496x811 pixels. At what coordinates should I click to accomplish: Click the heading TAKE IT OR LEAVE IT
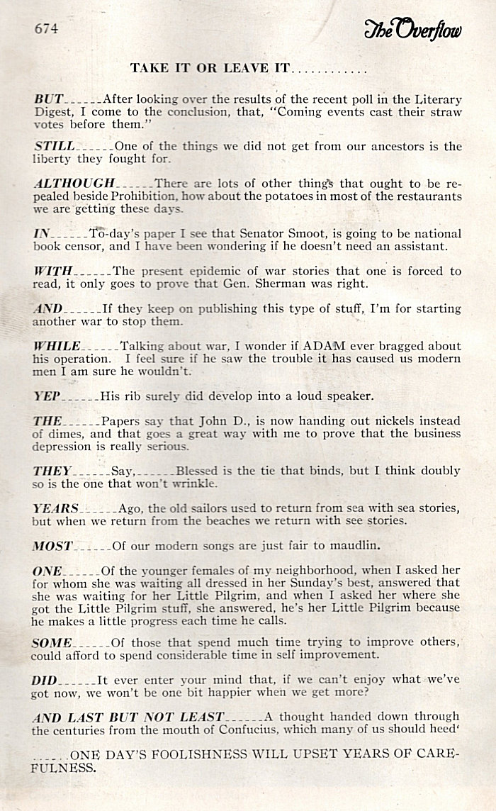[x=210, y=69]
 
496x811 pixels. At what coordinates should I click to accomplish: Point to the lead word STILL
[x=54, y=146]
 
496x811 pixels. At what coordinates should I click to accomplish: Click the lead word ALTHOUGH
[x=74, y=183]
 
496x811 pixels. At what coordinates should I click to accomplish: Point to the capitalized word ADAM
[x=325, y=346]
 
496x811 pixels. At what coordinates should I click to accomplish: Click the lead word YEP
[x=46, y=396]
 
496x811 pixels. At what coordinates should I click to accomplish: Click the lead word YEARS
[x=56, y=508]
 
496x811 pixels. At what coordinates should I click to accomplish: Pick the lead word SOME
[x=52, y=642]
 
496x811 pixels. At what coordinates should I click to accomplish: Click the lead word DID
[x=45, y=680]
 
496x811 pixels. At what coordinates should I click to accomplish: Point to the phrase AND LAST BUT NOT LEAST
[x=128, y=717]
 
